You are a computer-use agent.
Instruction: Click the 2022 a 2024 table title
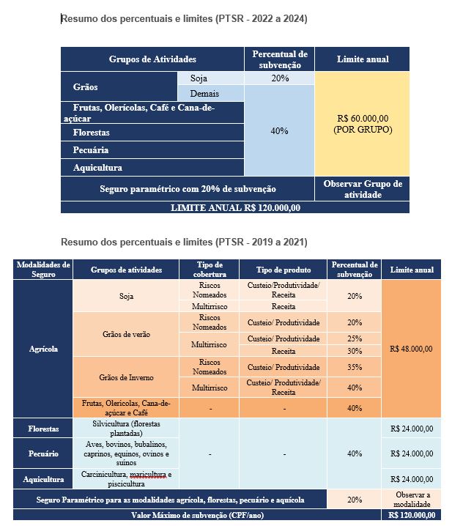click(x=184, y=19)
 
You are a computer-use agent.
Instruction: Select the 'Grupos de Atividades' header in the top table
click(x=152, y=59)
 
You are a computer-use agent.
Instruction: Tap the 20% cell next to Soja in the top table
click(x=279, y=78)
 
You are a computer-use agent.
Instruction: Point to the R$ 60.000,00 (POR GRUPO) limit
click(x=363, y=124)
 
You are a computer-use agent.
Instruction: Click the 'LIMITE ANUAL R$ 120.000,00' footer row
click(x=234, y=207)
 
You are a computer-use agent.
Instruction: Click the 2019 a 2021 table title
click(x=184, y=242)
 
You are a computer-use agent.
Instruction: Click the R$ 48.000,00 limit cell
click(x=411, y=349)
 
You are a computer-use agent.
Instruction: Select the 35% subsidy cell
click(x=355, y=366)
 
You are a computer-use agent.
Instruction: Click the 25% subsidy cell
click(x=355, y=338)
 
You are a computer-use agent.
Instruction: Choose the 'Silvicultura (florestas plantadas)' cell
click(x=125, y=429)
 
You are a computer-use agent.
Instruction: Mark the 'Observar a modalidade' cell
click(x=411, y=500)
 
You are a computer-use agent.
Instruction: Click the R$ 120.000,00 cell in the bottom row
click(x=411, y=516)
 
